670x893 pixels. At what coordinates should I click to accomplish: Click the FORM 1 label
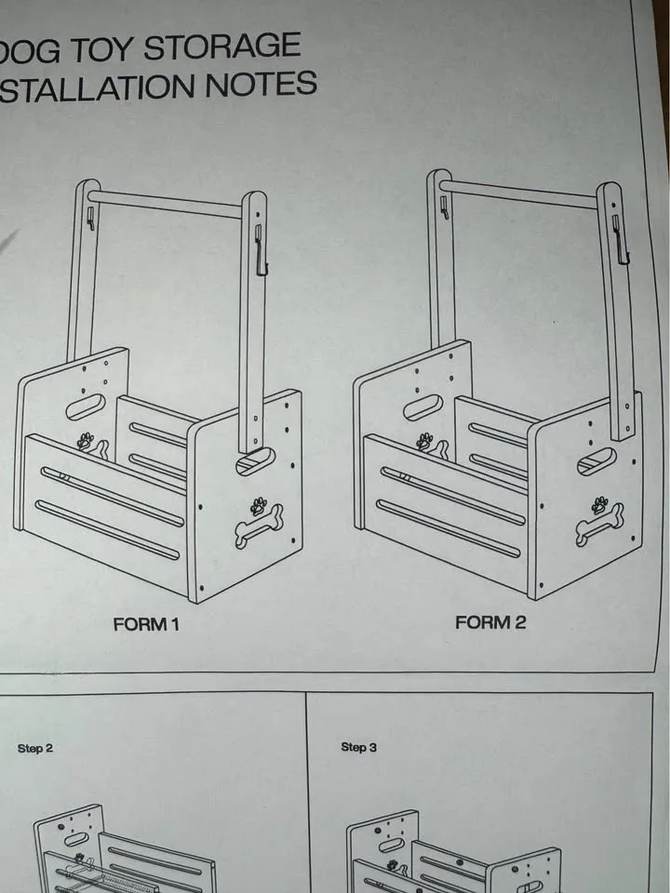[145, 624]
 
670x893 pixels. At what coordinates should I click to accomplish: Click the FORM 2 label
[490, 622]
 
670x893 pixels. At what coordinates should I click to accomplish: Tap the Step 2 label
[35, 748]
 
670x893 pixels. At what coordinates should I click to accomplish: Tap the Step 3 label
[358, 747]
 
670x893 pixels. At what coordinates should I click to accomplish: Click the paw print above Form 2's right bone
[600, 505]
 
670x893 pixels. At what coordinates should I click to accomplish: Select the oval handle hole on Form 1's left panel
[86, 407]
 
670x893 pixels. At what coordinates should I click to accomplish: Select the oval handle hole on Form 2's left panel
[422, 407]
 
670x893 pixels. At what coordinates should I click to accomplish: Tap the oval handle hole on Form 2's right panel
[596, 460]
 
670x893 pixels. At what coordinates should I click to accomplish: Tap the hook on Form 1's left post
[91, 218]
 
